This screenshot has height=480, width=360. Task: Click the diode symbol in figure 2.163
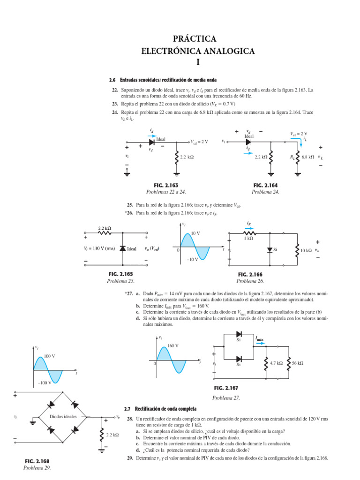(152, 141)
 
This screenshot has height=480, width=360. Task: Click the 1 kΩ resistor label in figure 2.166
(248, 238)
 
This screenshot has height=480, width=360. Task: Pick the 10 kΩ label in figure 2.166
(306, 250)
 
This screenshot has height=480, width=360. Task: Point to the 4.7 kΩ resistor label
(277, 363)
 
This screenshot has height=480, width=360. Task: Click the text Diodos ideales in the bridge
(63, 416)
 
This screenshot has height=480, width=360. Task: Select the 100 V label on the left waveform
(49, 356)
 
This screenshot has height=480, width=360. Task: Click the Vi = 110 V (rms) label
(98, 249)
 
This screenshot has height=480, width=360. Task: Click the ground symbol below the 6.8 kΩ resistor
(298, 174)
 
